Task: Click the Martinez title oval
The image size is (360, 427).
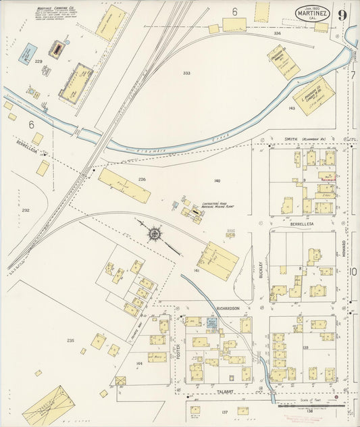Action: click(313, 13)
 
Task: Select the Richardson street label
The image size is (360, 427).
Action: click(228, 308)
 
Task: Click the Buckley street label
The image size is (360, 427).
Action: click(261, 270)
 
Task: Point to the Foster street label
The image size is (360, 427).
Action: click(178, 349)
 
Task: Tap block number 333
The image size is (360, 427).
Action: click(186, 73)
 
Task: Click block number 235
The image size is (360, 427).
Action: click(70, 341)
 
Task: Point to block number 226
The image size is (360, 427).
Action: click(142, 179)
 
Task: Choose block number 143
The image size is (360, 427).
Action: click(292, 108)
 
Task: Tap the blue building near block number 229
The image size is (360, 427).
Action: click(28, 53)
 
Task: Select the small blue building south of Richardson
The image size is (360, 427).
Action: click(212, 324)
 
